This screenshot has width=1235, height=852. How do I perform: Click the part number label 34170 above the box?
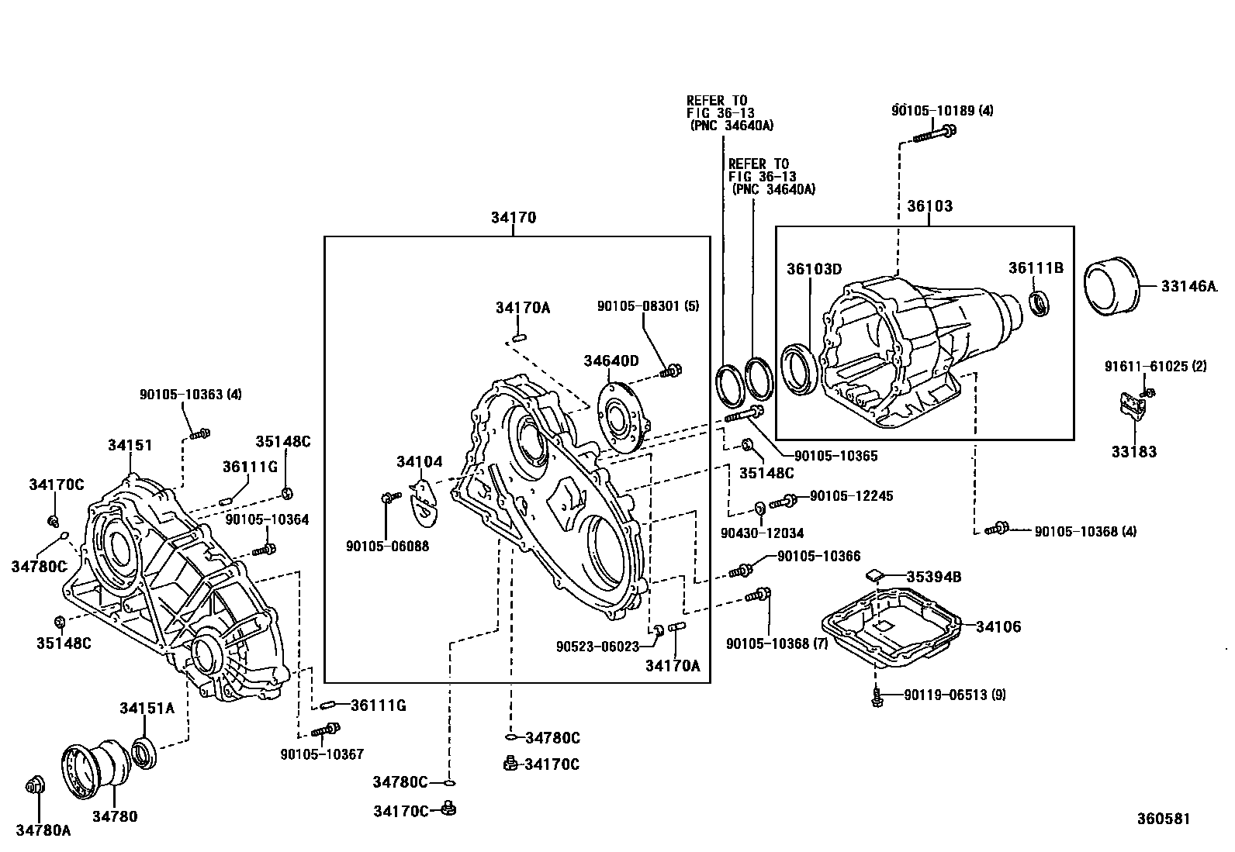[x=513, y=218]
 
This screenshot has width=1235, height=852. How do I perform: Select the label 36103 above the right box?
[x=929, y=206]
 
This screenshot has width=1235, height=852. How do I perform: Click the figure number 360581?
[x=1163, y=819]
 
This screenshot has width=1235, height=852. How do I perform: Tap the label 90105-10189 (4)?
[x=942, y=110]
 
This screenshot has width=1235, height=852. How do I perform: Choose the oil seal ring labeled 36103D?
[x=798, y=370]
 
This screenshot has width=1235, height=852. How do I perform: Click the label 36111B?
[x=1036, y=267]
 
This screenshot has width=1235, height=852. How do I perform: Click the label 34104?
[x=419, y=462]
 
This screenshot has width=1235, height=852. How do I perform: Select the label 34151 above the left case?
[x=130, y=445]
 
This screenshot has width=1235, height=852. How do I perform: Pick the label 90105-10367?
[x=322, y=754]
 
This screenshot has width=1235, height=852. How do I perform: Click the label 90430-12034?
[x=762, y=533]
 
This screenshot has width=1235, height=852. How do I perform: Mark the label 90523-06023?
[x=597, y=646]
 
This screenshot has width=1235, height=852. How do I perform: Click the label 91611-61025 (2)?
[x=1155, y=366]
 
